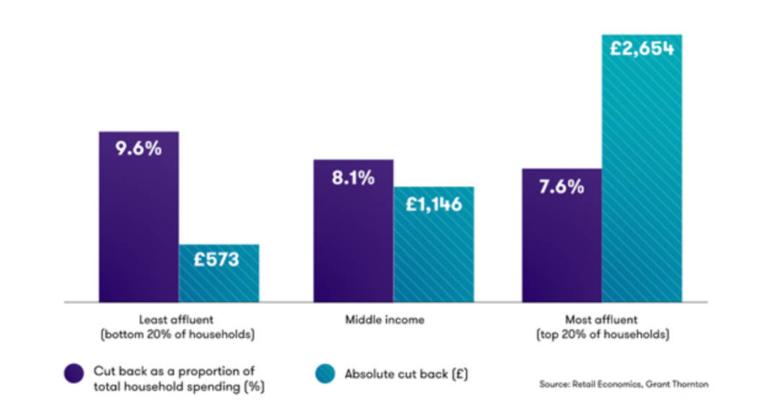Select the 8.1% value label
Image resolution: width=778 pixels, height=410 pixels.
pyautogui.click(x=353, y=177)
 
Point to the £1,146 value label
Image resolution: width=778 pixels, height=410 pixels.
pyautogui.click(x=433, y=205)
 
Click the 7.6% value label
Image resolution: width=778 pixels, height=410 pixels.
pyautogui.click(x=561, y=187)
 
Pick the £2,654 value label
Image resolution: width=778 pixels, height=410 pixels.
pyautogui.click(x=641, y=49)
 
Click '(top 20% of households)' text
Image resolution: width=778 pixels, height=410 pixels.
pyautogui.click(x=602, y=335)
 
